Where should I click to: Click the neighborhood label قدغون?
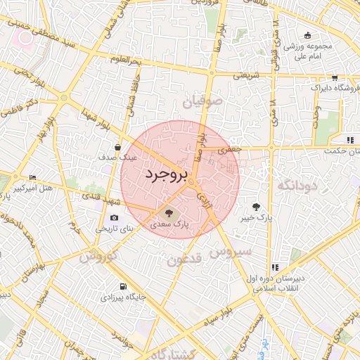point(185,259)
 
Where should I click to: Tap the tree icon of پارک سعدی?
point(169,212)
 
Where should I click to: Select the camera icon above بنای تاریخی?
point(114,217)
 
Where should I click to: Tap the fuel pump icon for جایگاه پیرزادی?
point(124,286)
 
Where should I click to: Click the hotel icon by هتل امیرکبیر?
point(32,178)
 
